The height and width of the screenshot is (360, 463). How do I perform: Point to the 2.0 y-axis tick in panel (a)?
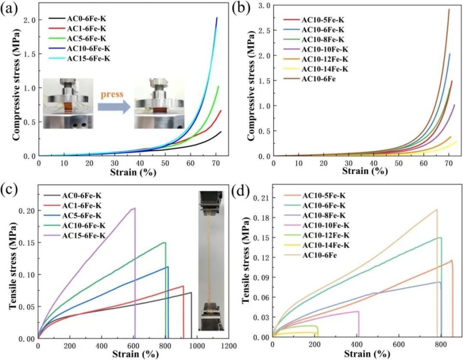(x=29, y=20)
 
